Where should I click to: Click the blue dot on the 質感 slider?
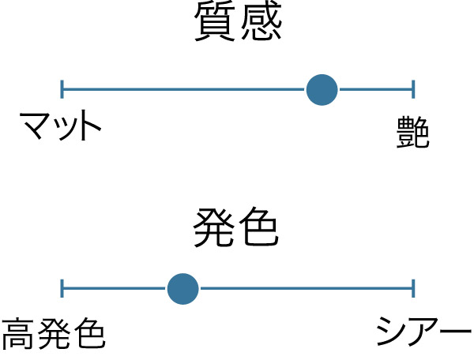322,90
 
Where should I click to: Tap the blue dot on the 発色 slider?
182,289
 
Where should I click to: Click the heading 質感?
237,27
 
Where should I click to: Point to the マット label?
61,127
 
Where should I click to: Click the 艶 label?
412,131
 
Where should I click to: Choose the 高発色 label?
53,334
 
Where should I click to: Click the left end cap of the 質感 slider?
62,89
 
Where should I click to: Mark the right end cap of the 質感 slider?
413,89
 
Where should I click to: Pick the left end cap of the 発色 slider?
62,289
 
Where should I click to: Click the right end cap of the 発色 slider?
413,289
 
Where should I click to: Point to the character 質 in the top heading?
214,27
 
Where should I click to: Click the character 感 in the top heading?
260,27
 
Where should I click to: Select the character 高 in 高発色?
18,334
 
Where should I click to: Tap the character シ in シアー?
392,332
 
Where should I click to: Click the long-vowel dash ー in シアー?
455,332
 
